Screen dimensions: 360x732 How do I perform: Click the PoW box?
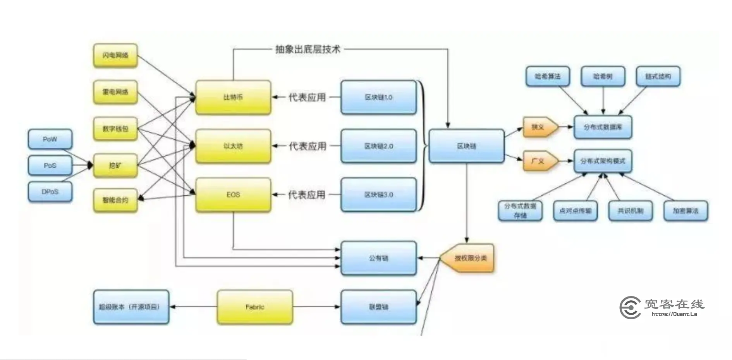(x=50, y=139)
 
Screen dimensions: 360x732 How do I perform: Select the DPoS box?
(x=50, y=192)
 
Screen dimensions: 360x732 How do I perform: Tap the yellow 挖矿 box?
(x=115, y=165)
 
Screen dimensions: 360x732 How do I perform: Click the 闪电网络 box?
(x=115, y=55)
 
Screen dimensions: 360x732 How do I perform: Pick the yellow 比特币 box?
(x=233, y=97)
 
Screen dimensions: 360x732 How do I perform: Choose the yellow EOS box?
(x=233, y=195)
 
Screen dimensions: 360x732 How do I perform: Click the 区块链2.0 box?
(x=378, y=146)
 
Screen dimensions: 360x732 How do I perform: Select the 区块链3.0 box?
(x=378, y=195)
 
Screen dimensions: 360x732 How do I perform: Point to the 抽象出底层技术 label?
(x=308, y=49)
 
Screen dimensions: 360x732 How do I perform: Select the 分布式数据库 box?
(x=603, y=127)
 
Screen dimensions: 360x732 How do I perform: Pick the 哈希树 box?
(x=603, y=76)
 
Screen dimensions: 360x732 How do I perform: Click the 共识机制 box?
(x=630, y=211)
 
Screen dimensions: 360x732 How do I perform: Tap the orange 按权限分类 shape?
(x=469, y=258)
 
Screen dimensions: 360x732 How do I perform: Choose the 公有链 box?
(x=378, y=258)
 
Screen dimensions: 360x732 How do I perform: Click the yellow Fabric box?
(x=254, y=307)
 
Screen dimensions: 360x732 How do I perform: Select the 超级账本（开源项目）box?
(x=131, y=307)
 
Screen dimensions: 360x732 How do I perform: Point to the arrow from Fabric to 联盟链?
(x=316, y=307)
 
